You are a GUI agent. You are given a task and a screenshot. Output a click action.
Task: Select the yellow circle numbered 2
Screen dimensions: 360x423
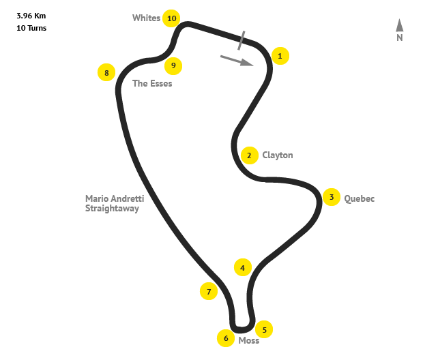pos(249,155)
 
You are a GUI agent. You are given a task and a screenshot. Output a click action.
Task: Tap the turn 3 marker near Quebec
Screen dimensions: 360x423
pos(331,198)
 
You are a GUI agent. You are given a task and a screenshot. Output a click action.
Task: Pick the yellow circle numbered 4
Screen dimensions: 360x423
pos(242,267)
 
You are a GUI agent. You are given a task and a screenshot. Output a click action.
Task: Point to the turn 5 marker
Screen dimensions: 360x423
pos(264,329)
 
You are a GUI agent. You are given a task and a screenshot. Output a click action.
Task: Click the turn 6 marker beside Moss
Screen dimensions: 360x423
pos(225,338)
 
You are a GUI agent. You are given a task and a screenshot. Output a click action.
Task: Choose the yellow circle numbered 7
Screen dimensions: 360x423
pos(208,292)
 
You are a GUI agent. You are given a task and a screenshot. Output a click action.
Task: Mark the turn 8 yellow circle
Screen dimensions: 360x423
pos(106,72)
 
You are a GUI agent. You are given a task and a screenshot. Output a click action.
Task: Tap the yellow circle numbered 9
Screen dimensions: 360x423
pos(174,65)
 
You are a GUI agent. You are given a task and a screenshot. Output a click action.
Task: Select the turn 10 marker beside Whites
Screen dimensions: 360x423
pos(171,18)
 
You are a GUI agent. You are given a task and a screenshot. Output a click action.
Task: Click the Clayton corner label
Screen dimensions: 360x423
pos(278,155)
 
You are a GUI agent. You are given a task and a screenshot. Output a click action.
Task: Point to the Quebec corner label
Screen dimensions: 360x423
pos(360,199)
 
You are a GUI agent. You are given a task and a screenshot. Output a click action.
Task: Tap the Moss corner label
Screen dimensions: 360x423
pos(249,340)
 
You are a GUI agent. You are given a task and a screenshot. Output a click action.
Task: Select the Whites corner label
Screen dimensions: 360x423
pos(146,18)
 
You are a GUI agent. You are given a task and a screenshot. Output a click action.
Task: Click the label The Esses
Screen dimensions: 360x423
pos(152,84)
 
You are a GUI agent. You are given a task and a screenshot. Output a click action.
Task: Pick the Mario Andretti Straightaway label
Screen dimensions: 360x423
pos(115,203)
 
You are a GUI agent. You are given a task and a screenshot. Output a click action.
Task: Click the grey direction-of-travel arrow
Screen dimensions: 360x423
pos(237,61)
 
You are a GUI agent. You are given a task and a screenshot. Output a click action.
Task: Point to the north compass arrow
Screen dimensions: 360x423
pos(400,26)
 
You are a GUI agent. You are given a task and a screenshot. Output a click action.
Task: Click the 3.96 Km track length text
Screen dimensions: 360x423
pos(31,14)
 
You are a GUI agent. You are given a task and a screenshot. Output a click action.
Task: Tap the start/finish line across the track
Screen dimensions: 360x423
pos(242,40)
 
